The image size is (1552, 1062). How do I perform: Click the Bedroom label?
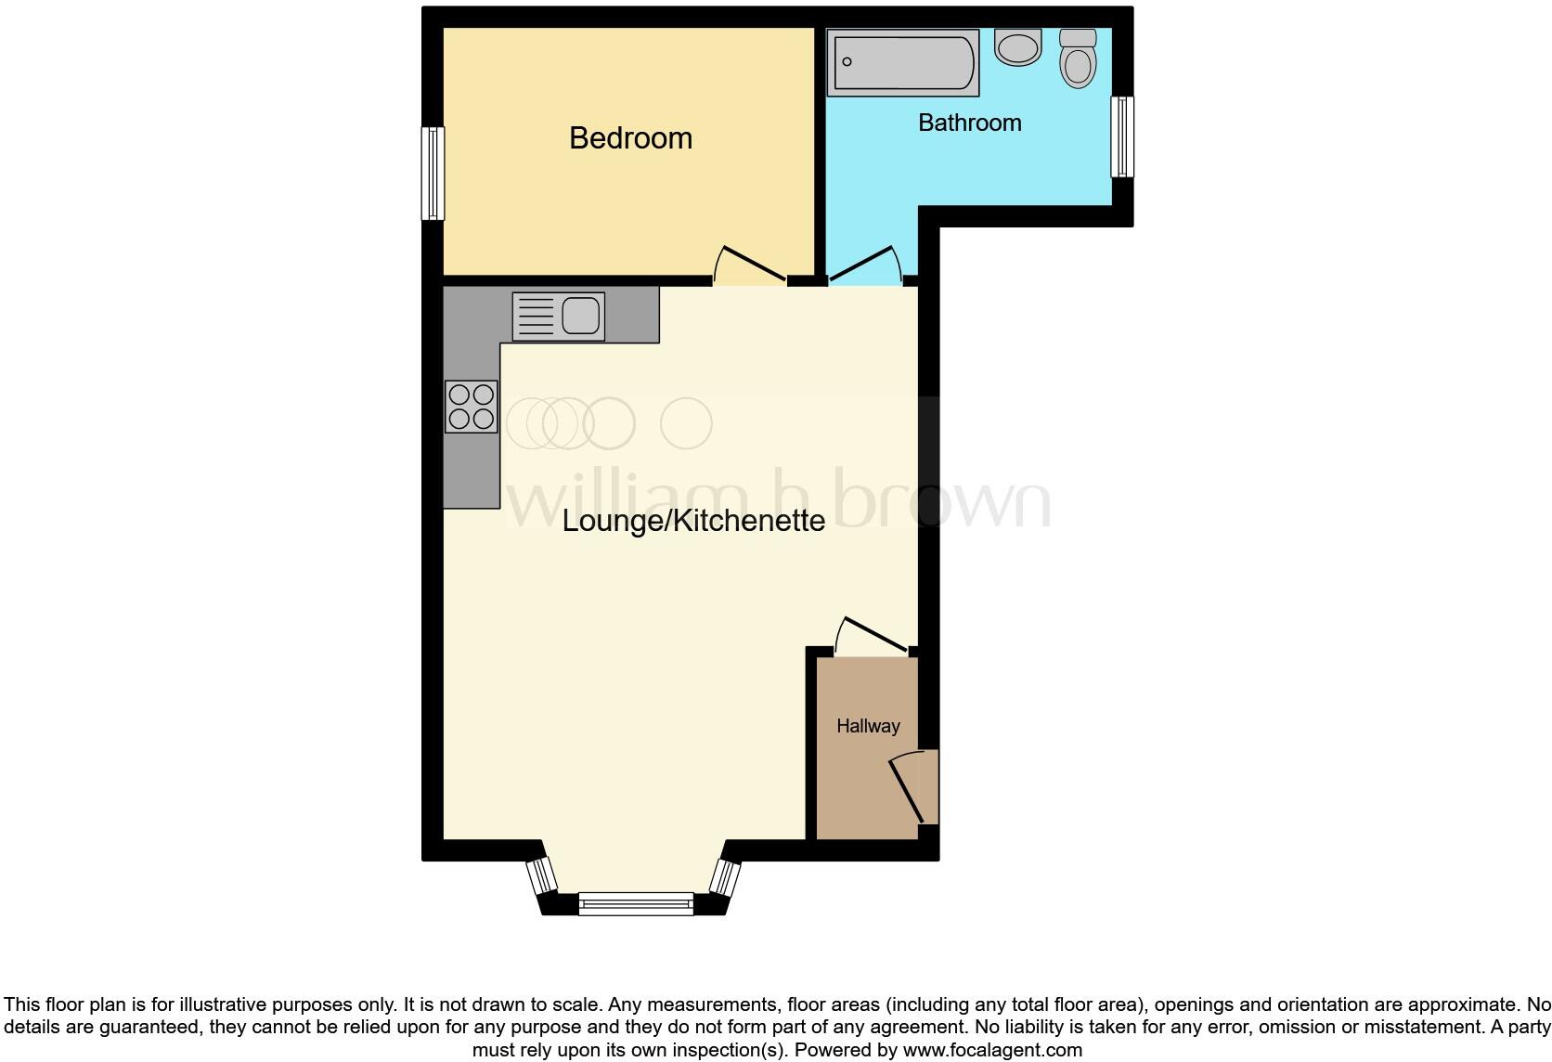(x=630, y=138)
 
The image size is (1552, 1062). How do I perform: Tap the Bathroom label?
(x=969, y=123)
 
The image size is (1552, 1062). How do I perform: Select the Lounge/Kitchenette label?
(x=693, y=520)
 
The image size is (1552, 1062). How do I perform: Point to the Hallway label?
(x=868, y=726)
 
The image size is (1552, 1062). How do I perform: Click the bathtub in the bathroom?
(x=902, y=63)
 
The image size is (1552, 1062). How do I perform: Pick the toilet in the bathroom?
(x=1078, y=58)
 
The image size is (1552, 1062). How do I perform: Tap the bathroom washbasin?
(x=1017, y=46)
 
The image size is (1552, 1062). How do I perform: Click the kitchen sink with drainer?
(x=559, y=316)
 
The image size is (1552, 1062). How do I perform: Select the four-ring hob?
(x=472, y=407)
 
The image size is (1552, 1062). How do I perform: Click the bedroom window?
(x=433, y=174)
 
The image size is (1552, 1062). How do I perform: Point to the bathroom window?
(x=1122, y=136)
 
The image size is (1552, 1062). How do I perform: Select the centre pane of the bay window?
(x=636, y=903)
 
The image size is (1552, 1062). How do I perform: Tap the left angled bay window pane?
(x=541, y=875)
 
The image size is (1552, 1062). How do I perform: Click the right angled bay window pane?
(x=725, y=877)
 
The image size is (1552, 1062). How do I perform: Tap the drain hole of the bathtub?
(x=847, y=62)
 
